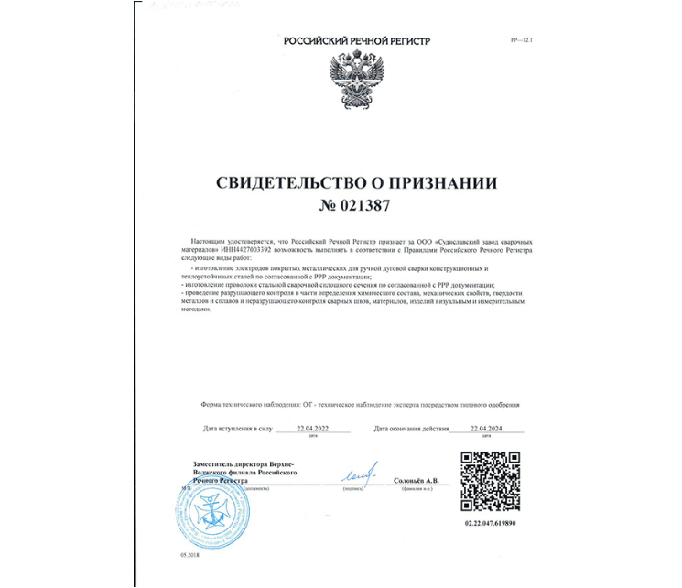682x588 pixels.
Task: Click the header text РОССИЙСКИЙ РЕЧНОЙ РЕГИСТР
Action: tap(356, 42)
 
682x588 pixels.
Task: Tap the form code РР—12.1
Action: tap(521, 42)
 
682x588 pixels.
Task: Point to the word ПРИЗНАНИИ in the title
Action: tap(449, 183)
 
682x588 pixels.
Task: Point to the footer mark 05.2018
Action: tap(179, 556)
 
